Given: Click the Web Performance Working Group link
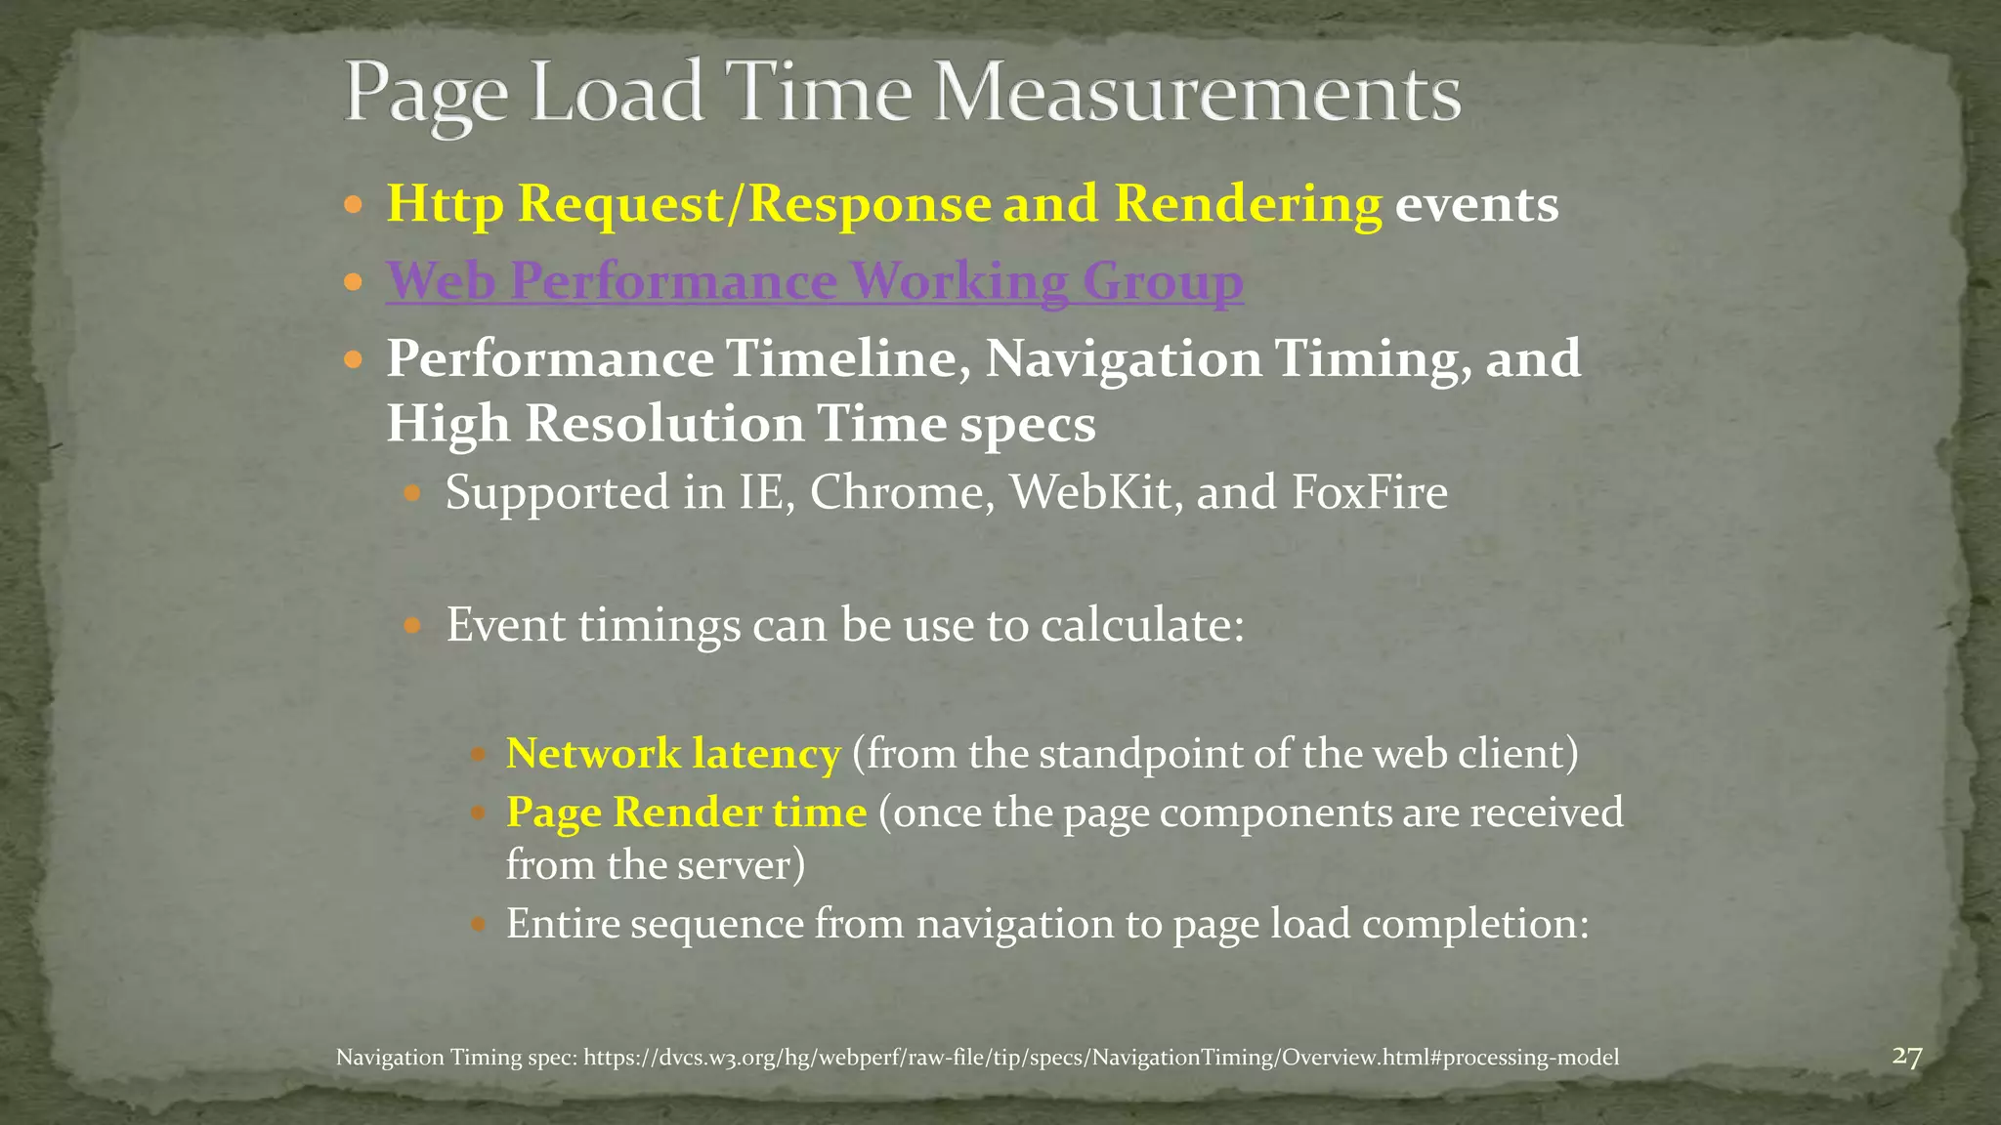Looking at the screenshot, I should [814, 281].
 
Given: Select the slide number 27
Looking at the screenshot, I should [1906, 1057].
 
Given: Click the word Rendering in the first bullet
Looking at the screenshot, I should [1248, 204].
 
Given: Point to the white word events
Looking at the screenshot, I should [1476, 204].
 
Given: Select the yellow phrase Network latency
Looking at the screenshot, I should [673, 754].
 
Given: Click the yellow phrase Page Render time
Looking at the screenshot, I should [686, 812].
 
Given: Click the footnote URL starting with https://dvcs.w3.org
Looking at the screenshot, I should [1100, 1058].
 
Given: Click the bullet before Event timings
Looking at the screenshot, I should [412, 625].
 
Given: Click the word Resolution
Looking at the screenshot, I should [663, 424].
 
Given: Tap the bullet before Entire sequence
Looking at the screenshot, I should [478, 924].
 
